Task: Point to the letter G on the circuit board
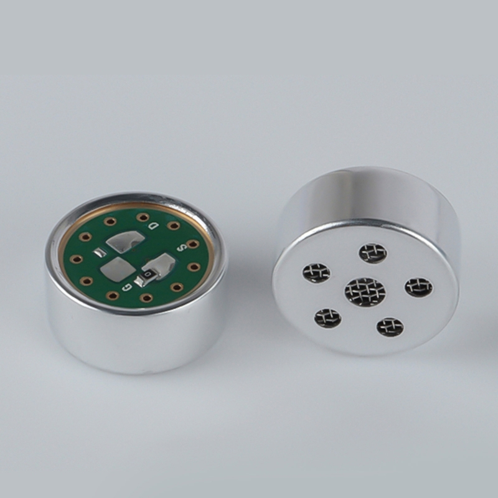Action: (128, 287)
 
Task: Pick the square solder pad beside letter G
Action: (114, 270)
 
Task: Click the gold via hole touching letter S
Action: (191, 244)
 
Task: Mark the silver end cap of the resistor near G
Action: (138, 281)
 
